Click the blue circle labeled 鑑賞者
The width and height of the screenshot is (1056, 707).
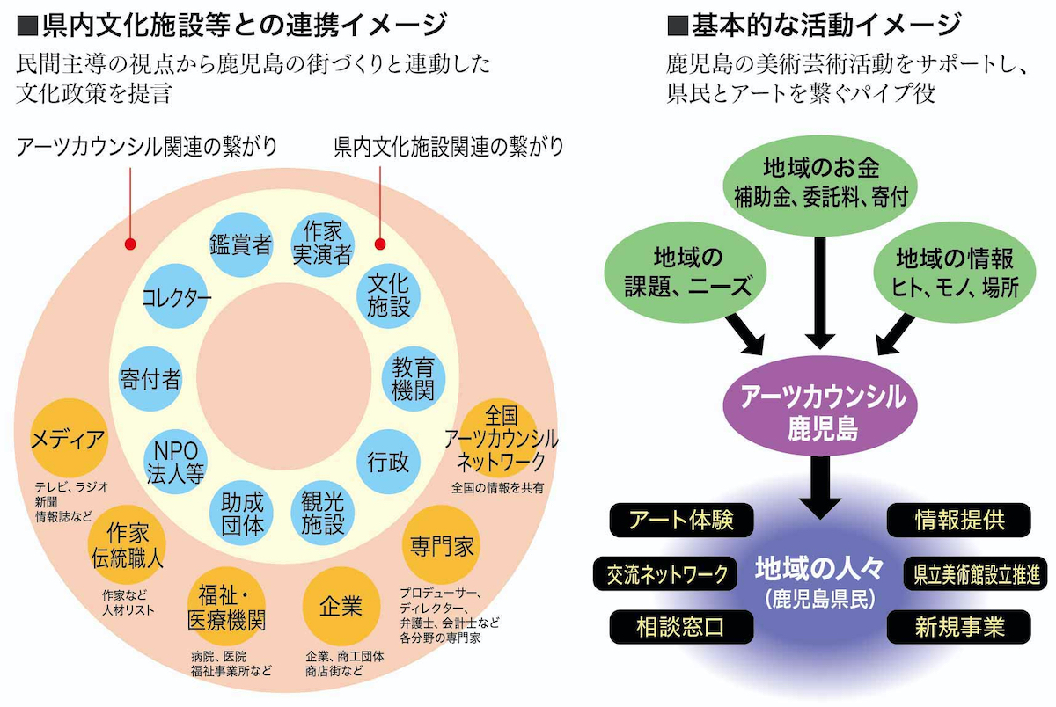[x=240, y=244]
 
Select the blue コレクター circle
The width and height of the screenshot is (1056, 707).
[x=175, y=296]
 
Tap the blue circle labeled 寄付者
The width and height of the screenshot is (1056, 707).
[x=150, y=379]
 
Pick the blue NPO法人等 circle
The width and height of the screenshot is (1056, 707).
[x=175, y=462]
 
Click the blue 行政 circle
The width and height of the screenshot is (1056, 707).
[x=388, y=462]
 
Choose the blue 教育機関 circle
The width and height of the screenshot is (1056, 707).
[x=414, y=379]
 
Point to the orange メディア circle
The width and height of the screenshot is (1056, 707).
[x=70, y=438]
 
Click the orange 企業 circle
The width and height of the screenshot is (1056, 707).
[x=341, y=606]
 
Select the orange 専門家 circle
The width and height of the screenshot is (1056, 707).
[x=441, y=545]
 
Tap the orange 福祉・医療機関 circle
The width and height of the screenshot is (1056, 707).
[x=226, y=606]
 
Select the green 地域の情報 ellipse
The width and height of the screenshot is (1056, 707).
[x=955, y=273]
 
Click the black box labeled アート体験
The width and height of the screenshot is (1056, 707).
[x=681, y=520]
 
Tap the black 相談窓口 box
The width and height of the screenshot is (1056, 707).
[x=681, y=627]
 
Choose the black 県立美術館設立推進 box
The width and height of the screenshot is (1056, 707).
[x=975, y=573]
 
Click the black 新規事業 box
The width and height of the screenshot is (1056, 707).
[x=959, y=627]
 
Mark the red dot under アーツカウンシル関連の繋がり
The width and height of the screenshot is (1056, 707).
[x=130, y=244]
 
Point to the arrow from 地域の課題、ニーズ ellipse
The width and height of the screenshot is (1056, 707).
[x=744, y=334]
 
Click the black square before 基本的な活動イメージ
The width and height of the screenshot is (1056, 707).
[x=678, y=26]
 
